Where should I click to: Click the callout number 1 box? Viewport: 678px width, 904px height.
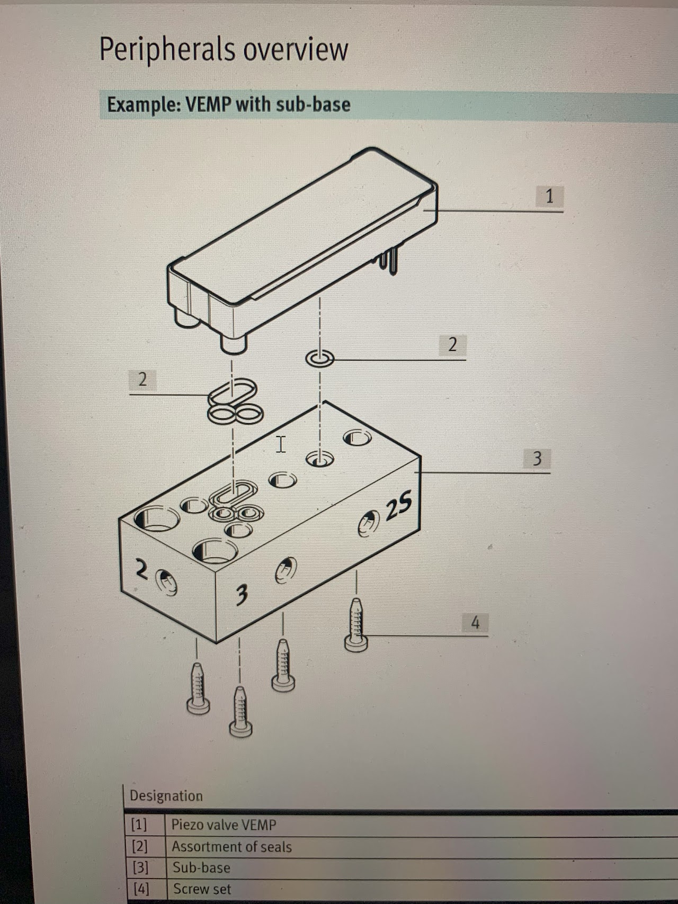(x=549, y=196)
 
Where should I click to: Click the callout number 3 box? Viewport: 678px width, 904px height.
(x=537, y=458)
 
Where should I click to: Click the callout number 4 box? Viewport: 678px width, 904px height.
(x=475, y=622)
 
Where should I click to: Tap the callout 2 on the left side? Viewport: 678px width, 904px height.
(x=142, y=380)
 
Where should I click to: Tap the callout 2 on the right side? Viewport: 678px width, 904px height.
(x=452, y=345)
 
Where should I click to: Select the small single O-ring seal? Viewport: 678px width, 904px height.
(x=320, y=359)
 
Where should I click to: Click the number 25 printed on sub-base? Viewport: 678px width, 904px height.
(x=398, y=507)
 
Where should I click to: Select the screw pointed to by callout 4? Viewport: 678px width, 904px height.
(x=356, y=625)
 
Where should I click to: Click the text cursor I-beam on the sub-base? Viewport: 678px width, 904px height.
(x=281, y=444)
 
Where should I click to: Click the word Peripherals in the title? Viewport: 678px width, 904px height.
(x=167, y=50)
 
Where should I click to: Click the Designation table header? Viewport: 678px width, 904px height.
(x=166, y=796)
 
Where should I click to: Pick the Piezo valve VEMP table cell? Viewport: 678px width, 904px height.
(x=224, y=825)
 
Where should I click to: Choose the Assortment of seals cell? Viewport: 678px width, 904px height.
(x=231, y=847)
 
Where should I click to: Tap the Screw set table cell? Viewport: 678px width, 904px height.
(x=202, y=889)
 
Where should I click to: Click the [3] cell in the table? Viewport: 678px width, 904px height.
(x=140, y=867)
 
